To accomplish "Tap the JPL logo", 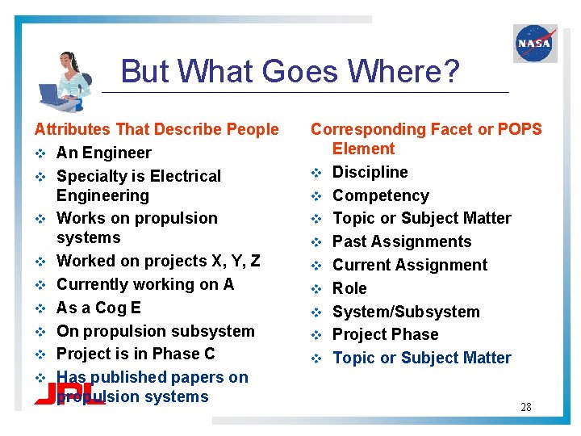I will (69, 392).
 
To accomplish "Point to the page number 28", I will (525, 407).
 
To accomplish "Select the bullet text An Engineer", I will (103, 153).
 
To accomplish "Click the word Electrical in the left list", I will (182, 176).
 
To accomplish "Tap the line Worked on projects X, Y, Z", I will (158, 261).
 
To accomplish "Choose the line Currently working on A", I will (145, 284).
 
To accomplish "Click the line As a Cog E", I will (98, 308).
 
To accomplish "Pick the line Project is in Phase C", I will (136, 354).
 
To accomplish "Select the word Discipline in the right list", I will (370, 172).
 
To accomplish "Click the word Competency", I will (381, 195).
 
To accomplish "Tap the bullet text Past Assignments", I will (403, 241).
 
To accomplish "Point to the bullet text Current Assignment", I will (410, 265).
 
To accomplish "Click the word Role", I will (349, 288).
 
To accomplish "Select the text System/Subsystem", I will (406, 312).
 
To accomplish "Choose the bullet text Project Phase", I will (386, 334).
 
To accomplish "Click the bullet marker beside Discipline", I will (317, 173).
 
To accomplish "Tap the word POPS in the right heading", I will (516, 129).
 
